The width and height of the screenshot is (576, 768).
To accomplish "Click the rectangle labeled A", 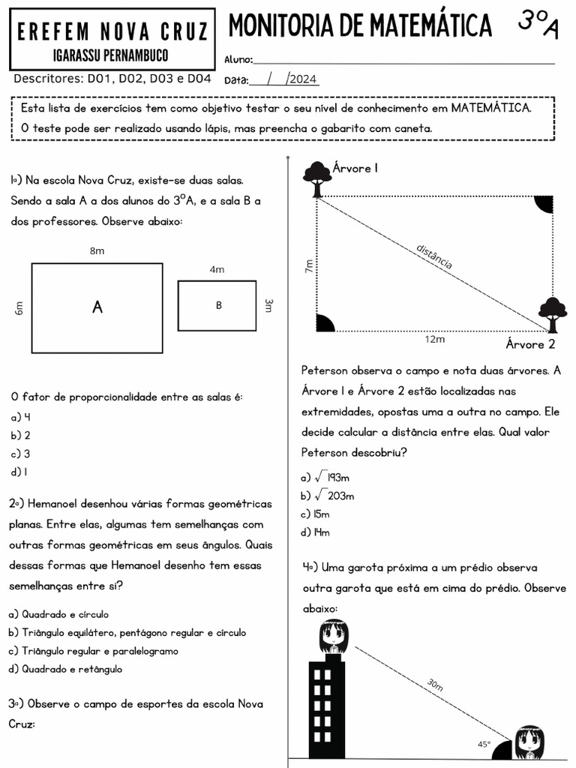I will pos(97,307).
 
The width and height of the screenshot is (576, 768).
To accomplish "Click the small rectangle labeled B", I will pos(217,305).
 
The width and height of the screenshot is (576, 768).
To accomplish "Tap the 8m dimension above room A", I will pos(97,251).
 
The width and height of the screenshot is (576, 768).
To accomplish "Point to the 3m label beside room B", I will pos(268,305).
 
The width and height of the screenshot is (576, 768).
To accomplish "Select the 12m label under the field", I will pos(434,339).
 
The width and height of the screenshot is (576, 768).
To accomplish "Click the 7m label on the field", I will pos(309,265).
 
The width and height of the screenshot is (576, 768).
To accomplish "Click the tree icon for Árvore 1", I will pos(316,178).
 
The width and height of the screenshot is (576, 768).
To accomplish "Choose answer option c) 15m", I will pos(315,514).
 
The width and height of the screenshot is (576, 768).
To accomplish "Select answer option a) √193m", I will pos(326,477).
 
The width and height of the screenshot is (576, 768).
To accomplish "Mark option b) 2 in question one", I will pos(20,436).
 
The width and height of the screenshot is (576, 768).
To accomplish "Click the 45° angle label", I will pos(484,745).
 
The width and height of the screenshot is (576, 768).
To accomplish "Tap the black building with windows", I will pos(326,709).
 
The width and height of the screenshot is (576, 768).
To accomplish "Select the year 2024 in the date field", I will pos(303,79).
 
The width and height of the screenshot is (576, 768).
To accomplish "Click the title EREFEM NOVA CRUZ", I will pos(112,31).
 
